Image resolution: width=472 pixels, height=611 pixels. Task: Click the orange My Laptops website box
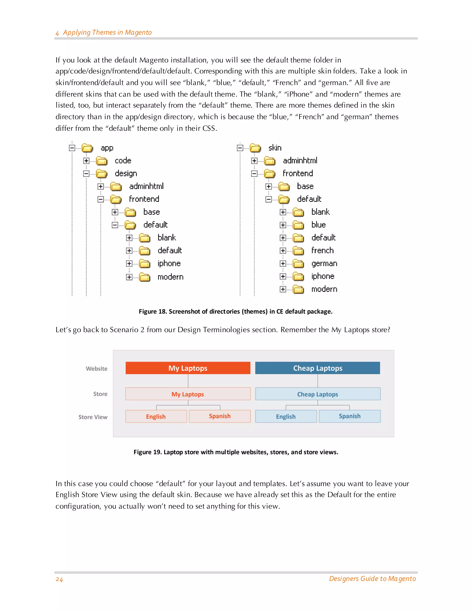tap(188, 368)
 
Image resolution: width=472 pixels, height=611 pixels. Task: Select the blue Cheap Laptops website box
tap(317, 368)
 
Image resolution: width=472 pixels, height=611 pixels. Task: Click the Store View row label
tap(93, 417)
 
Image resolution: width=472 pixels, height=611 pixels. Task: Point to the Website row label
tap(97, 368)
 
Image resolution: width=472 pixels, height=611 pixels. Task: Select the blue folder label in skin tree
tap(319, 225)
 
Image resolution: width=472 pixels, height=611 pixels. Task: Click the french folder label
tap(322, 250)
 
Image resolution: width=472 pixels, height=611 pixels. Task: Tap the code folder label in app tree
tap(123, 160)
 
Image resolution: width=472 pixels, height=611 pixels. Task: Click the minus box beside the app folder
tap(72, 148)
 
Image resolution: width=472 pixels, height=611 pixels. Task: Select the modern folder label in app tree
tap(170, 277)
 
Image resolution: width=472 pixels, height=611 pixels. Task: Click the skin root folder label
tap(275, 148)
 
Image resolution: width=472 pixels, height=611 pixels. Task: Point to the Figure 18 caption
tap(236, 311)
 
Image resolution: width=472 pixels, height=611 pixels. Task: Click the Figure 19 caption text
tap(236, 452)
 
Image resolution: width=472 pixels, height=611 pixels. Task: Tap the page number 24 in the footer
tap(59, 579)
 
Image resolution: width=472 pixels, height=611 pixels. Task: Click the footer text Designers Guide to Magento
tap(372, 578)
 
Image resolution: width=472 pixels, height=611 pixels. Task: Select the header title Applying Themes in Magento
tap(107, 33)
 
